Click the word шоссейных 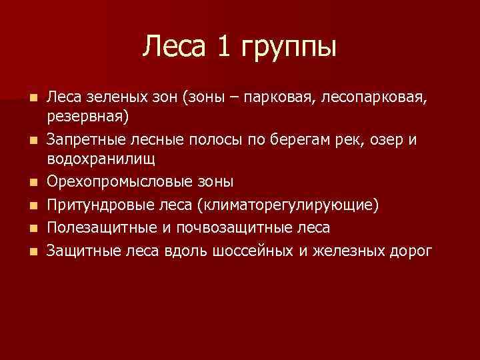pos(251,251)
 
